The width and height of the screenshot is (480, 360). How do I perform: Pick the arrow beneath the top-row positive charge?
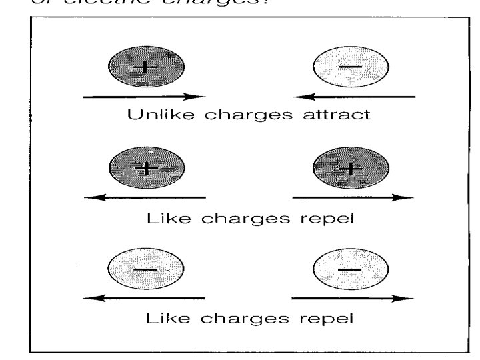point(144,97)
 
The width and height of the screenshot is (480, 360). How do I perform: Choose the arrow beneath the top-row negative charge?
point(353,97)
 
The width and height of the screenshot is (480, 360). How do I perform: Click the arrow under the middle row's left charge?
point(144,197)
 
